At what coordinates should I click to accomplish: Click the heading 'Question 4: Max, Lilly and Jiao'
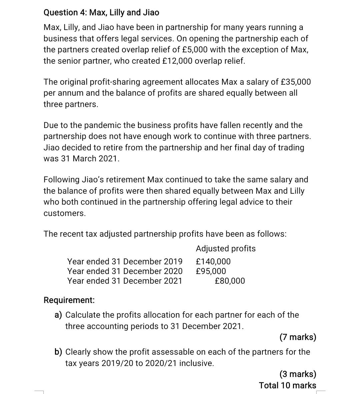[x=101, y=13]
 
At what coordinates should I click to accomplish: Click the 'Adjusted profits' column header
[x=226, y=249]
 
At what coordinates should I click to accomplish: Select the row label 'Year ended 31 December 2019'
[x=125, y=262]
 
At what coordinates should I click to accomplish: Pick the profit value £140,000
[x=213, y=262]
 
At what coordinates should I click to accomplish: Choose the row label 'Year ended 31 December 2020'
[x=125, y=271]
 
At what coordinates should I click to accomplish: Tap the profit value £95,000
[x=211, y=271]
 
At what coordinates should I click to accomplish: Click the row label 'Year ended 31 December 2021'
[x=125, y=281]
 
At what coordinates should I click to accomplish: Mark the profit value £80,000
[x=230, y=281]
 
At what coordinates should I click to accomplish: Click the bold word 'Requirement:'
[x=69, y=300]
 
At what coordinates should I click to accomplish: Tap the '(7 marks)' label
[x=298, y=337]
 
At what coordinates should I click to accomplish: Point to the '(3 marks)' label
[x=298, y=374]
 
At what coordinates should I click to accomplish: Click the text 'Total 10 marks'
[x=288, y=385]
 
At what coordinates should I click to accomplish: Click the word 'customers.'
[x=65, y=214]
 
